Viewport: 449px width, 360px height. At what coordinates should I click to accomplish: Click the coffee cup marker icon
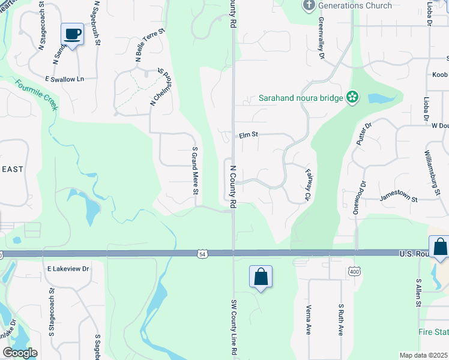(x=73, y=34)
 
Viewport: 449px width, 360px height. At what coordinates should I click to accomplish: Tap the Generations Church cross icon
(x=309, y=6)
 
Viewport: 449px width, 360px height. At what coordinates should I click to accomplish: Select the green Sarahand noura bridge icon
(x=352, y=97)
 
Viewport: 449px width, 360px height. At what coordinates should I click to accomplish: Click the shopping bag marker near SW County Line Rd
(x=261, y=277)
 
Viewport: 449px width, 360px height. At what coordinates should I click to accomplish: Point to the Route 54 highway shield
(x=203, y=254)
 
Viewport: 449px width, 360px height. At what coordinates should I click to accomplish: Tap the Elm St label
(x=248, y=135)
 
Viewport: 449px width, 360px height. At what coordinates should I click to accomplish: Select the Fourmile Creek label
(x=36, y=95)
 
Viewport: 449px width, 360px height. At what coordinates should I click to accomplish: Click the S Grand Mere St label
(x=194, y=171)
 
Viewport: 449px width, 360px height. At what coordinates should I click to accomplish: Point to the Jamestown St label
(x=398, y=197)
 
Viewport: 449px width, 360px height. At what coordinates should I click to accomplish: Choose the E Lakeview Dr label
(x=68, y=269)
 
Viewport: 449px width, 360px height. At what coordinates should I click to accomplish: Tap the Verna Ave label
(x=309, y=321)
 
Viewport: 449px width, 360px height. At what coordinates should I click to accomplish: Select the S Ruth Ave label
(x=340, y=319)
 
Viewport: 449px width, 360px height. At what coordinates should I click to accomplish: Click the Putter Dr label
(x=364, y=134)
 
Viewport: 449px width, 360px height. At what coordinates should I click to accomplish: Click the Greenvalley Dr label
(x=321, y=38)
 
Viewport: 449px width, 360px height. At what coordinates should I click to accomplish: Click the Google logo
(x=20, y=353)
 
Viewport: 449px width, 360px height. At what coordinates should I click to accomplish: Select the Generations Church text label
(x=355, y=6)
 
